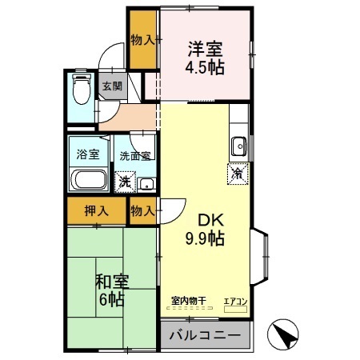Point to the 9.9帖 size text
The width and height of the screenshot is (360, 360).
(x=206, y=238)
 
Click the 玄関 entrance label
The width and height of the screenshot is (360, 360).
(x=111, y=86)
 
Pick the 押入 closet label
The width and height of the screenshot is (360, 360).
(x=95, y=211)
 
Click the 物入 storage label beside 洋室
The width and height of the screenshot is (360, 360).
(x=142, y=39)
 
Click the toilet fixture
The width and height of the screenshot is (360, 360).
(x=81, y=92)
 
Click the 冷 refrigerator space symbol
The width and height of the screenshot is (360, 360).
(x=238, y=171)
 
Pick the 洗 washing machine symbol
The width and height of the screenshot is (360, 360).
(x=125, y=182)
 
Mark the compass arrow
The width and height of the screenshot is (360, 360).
(x=284, y=334)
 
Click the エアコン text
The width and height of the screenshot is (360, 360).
(x=236, y=300)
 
